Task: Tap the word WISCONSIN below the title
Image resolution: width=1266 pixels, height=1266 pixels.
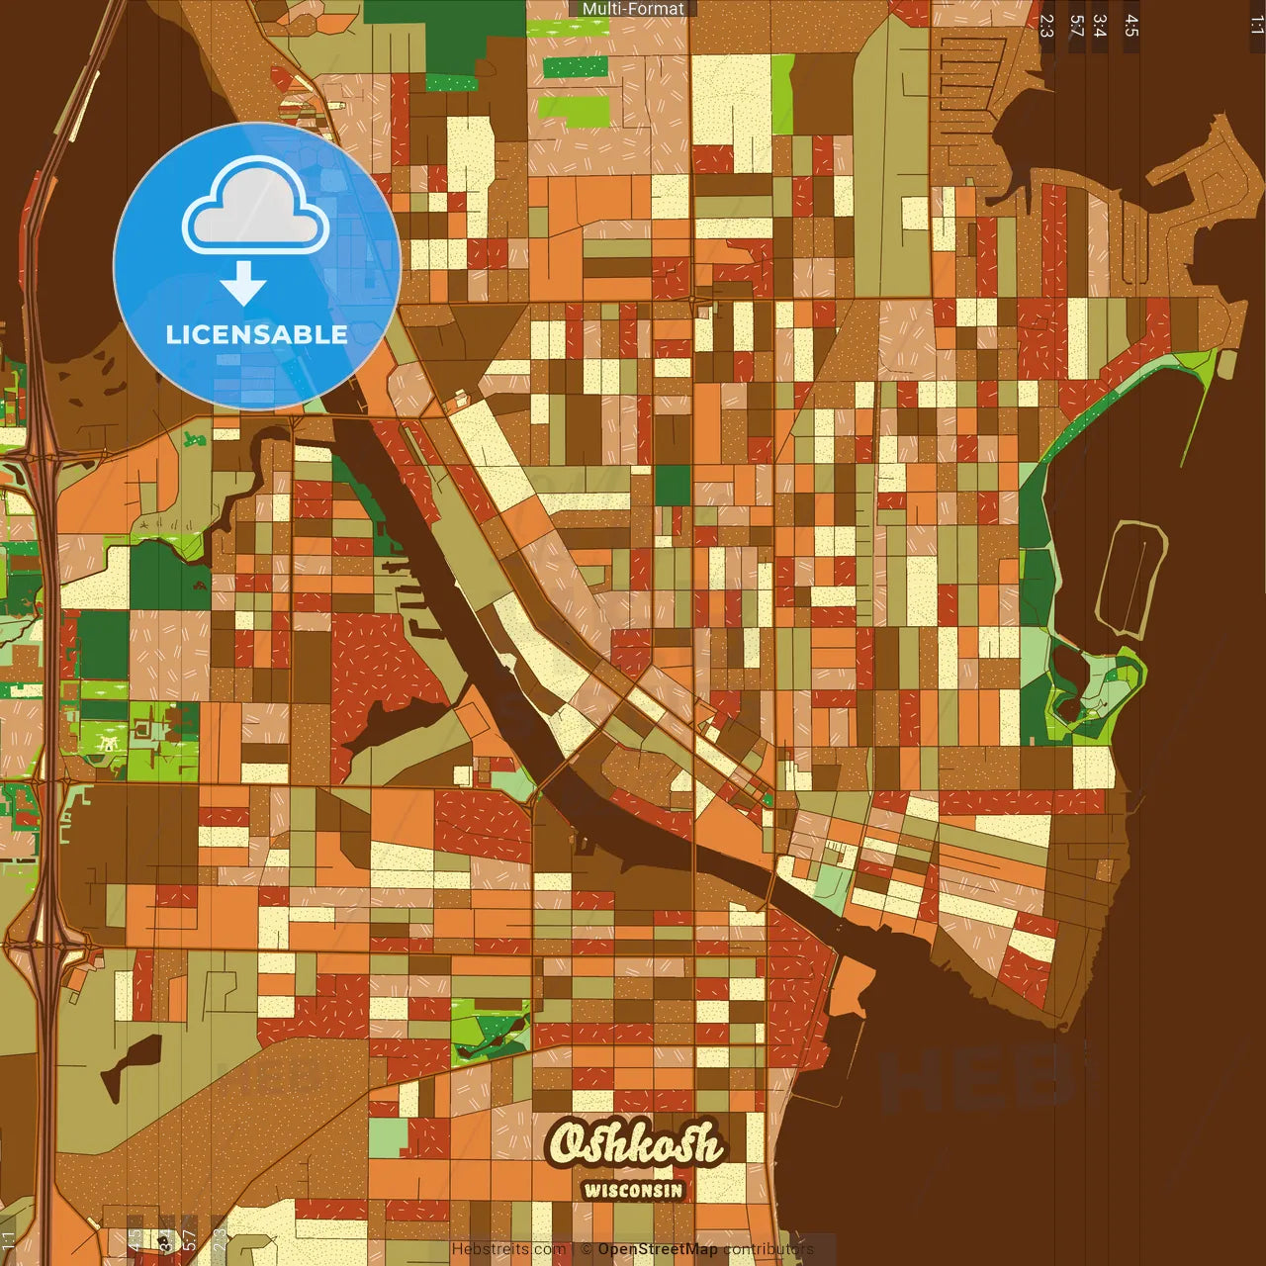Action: coord(633,1190)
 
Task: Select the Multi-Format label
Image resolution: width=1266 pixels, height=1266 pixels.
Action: coord(633,9)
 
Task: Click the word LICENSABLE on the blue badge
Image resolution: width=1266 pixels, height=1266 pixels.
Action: coord(257,334)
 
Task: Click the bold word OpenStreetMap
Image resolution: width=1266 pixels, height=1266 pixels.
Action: coord(658,1249)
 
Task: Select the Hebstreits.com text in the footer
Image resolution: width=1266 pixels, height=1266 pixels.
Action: coord(508,1249)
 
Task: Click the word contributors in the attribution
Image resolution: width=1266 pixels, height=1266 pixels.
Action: coord(769,1249)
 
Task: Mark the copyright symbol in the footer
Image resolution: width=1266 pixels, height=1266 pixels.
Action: coord(587,1249)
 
